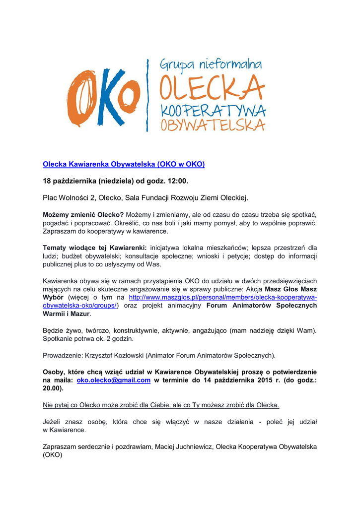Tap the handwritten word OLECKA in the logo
coord(212,89)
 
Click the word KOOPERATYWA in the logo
coord(213,111)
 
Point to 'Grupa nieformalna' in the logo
coord(211,65)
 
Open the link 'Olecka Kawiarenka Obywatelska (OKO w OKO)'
coord(124,164)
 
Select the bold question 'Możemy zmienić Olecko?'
coord(83,214)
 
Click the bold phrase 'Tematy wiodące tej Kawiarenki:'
coord(95,248)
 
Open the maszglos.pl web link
coord(222,297)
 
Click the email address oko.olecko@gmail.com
coord(113,380)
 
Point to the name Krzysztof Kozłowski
coord(112,355)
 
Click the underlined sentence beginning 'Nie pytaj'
coord(161,405)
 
